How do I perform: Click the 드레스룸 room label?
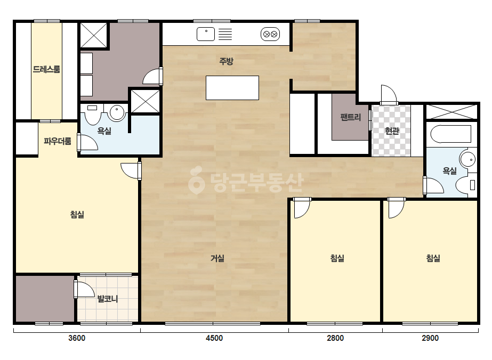[46, 69]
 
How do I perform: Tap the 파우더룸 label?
[58, 141]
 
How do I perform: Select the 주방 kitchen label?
[226, 61]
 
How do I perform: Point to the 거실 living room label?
[217, 258]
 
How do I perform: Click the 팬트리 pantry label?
[351, 117]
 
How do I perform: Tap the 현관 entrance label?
[392, 131]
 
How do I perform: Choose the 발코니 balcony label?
[108, 299]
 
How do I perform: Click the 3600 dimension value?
[77, 338]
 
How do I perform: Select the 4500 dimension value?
[214, 338]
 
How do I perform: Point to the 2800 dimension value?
[335, 338]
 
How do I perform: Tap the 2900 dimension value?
[430, 338]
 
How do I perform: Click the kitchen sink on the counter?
[206, 34]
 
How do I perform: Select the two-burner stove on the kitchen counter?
[270, 34]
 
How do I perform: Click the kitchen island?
[232, 88]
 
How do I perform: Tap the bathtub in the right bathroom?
[451, 134]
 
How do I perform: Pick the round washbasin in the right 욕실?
[468, 159]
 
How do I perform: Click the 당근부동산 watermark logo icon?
[196, 180]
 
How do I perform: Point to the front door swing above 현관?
[389, 94]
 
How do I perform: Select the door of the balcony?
[84, 289]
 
